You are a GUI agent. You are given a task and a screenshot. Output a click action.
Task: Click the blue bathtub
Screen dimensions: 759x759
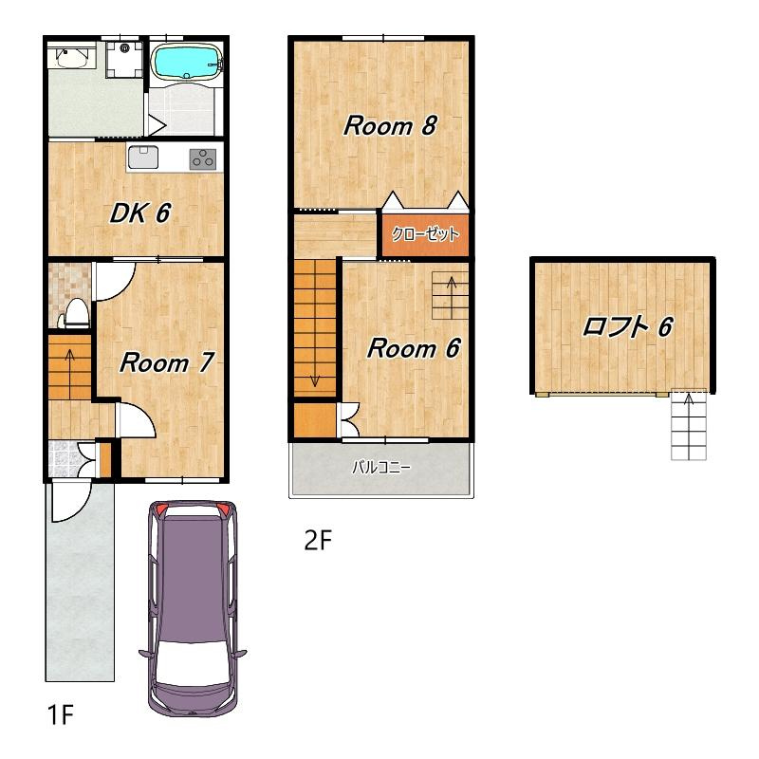coord(187,62)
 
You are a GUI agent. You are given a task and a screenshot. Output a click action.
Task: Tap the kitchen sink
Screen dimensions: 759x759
coord(143,157)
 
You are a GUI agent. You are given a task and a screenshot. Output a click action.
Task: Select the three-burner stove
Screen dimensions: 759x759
coord(203,158)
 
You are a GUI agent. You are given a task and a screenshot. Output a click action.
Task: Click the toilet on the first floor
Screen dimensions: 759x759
coord(75,313)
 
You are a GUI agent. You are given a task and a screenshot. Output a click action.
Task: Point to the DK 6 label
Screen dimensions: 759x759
coord(140,213)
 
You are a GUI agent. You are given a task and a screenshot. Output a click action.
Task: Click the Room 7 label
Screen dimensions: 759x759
coord(167,362)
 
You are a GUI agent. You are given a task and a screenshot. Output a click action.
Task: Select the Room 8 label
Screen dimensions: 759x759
coord(390,125)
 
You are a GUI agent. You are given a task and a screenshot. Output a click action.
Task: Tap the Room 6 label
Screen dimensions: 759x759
coord(414,348)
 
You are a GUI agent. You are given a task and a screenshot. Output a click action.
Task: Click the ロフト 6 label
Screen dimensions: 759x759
coord(628,326)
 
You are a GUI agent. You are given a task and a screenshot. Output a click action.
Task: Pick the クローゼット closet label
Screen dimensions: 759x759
coord(425,234)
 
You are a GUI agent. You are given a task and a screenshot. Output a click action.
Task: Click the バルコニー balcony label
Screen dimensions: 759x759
coord(381,468)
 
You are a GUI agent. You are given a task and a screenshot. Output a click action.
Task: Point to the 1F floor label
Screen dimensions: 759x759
coord(61,714)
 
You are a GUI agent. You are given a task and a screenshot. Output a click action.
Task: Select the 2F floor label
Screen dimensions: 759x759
coord(318,540)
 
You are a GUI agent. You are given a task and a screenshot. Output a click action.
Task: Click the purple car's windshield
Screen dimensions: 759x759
coord(193,662)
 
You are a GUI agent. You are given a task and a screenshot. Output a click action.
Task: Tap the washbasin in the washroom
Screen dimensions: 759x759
coord(71,57)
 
